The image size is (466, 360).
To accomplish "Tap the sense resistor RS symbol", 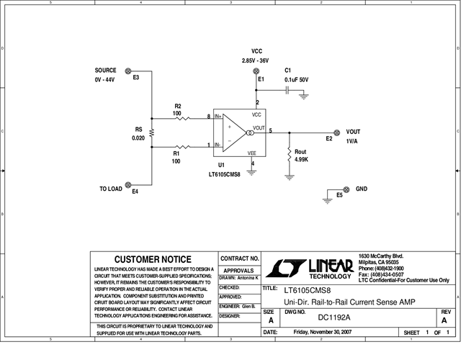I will pyautogui.click(x=152, y=132).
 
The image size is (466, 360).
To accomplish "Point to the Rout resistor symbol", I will pyautogui.click(x=289, y=155).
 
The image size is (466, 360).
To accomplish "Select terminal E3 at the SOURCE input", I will pyautogui.click(x=128, y=71).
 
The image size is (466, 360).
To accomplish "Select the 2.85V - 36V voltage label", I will pyautogui.click(x=257, y=61).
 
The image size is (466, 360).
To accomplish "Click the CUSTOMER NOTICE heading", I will pyautogui.click(x=153, y=259).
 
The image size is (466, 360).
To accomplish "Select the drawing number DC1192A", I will pyautogui.click(x=333, y=318).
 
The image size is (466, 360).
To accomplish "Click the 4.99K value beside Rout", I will pyautogui.click(x=303, y=159).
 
